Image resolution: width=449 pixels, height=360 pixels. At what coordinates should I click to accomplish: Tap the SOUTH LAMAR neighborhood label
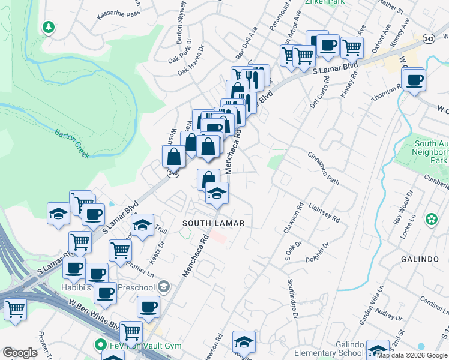point(213,223)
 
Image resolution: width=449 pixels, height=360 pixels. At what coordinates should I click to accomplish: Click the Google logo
point(20,353)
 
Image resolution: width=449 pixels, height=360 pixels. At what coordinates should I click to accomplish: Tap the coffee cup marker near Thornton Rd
point(414,80)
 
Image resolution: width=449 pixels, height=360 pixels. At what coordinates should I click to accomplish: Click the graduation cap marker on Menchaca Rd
point(217,193)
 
